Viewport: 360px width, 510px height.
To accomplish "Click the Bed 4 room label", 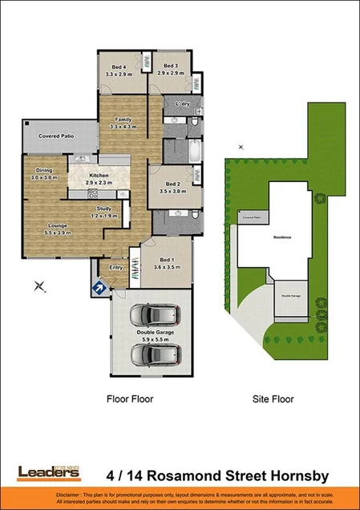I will click(118, 70).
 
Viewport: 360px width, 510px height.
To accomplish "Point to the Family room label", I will click(122, 123).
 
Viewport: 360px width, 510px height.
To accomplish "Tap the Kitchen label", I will click(99, 179).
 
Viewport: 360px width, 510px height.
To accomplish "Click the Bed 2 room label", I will click(169, 189).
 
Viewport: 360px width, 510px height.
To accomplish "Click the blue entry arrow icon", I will click(99, 286).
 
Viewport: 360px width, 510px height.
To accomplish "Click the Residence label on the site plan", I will click(282, 238).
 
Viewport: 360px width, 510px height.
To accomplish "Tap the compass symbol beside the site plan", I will click(240, 147).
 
